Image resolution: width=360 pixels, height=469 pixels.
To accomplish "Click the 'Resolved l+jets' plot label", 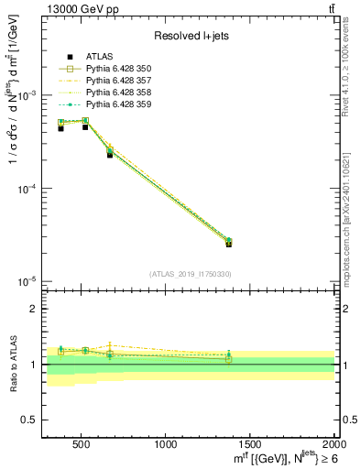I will (190, 36).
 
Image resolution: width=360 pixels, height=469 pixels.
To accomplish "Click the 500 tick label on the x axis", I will (80, 445).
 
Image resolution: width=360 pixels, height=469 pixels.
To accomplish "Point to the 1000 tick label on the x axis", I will (166, 445).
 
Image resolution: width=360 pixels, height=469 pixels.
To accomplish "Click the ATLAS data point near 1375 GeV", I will (228, 244).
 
